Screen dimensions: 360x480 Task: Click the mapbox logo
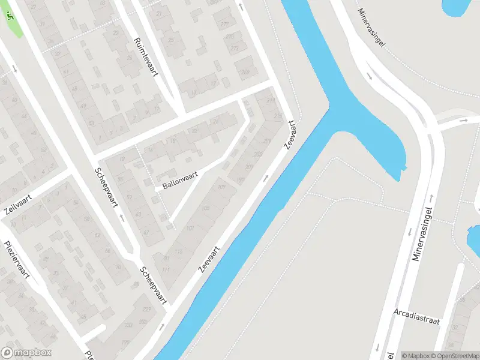pyautogui.click(x=26, y=353)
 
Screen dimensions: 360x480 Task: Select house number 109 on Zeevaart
pyautogui.click(x=221, y=188)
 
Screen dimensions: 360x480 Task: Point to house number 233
pyautogui.click(x=128, y=325)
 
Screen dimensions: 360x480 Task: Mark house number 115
pyautogui.click(x=178, y=251)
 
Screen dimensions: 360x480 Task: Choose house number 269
pyautogui.click(x=245, y=73)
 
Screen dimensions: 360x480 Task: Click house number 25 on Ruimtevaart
pyautogui.click(x=170, y=40)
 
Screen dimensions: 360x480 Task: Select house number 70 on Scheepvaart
pyautogui.click(x=118, y=268)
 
